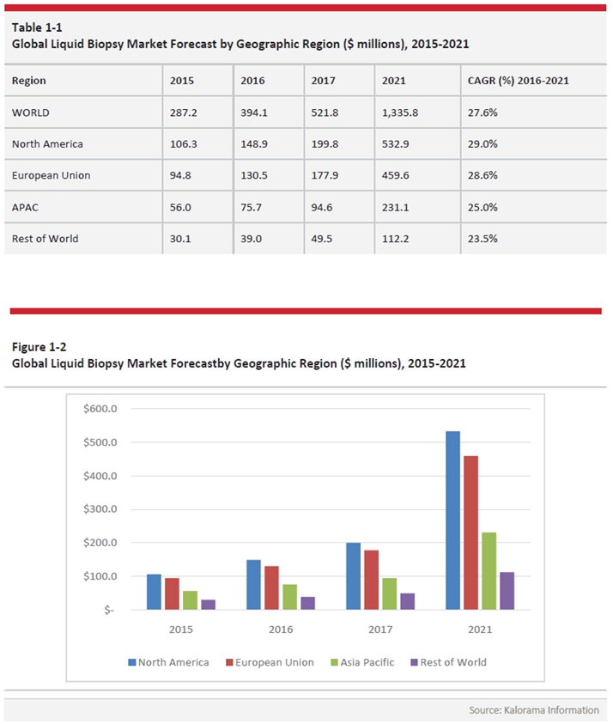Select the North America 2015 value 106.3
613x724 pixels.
point(182,144)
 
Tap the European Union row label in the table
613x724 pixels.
point(52,175)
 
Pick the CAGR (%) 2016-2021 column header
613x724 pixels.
point(519,81)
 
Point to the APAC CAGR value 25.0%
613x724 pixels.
point(484,207)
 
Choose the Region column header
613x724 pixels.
point(29,81)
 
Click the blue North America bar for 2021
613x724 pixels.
point(452,520)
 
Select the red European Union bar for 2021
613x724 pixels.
point(470,532)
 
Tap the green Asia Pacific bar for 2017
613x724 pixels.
point(389,593)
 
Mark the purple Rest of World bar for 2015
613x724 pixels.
point(208,605)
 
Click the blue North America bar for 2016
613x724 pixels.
point(253,585)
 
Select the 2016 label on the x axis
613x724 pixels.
point(281,630)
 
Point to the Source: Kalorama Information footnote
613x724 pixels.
point(534,710)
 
